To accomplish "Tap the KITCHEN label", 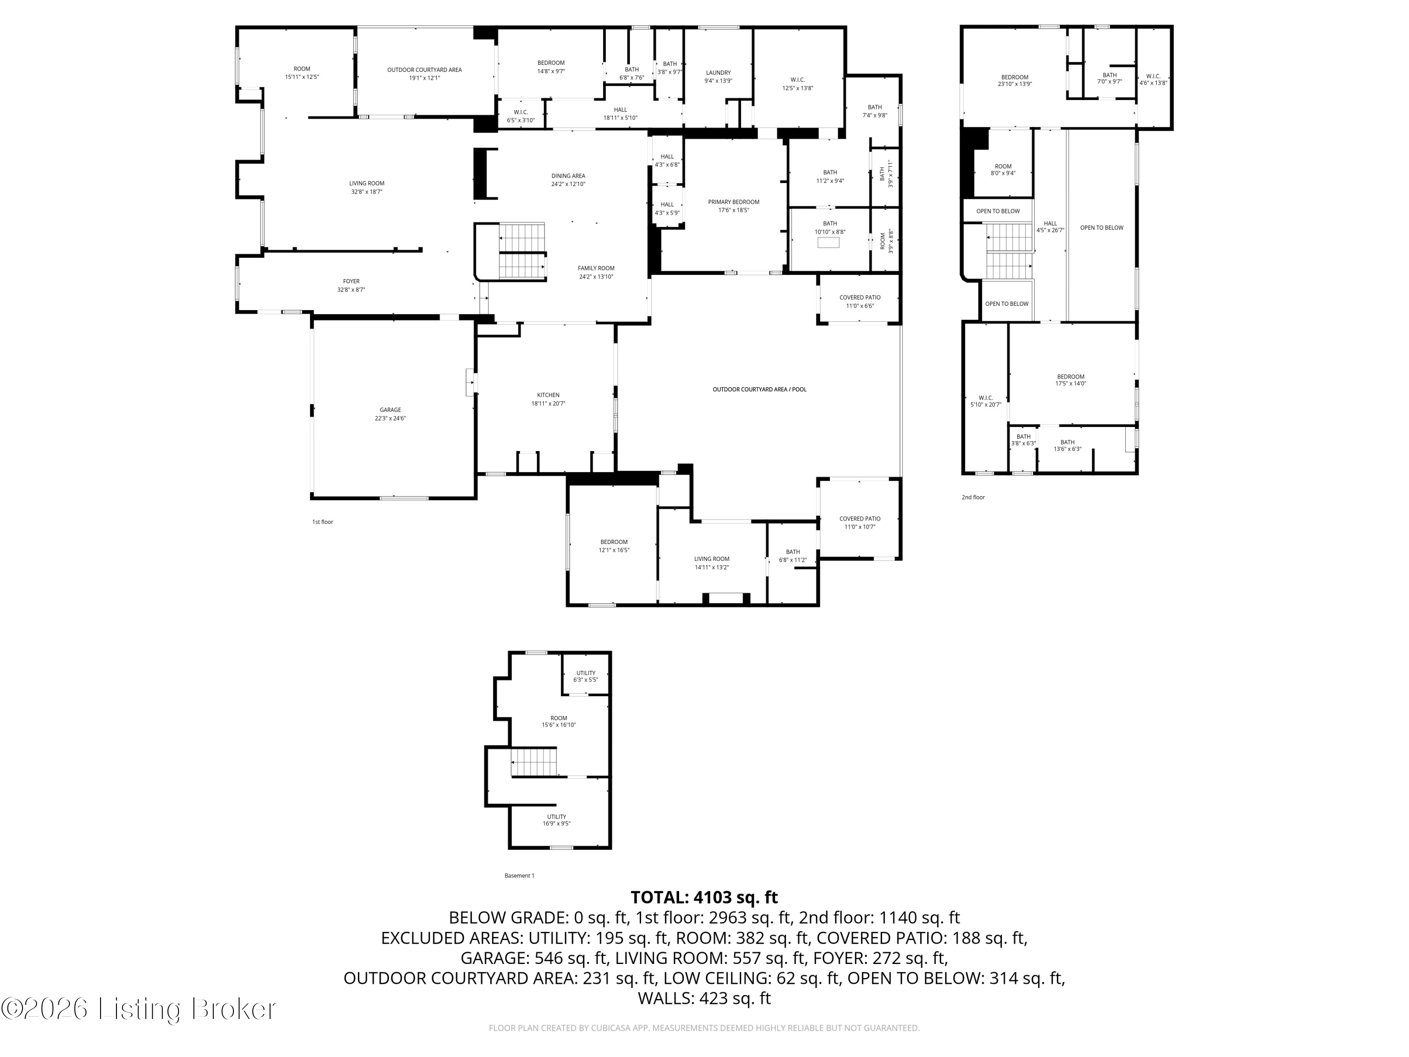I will pyautogui.click(x=548, y=399).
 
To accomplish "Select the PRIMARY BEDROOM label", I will pyautogui.click(x=733, y=206).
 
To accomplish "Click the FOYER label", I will pyautogui.click(x=351, y=285).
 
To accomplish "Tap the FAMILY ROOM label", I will pyautogui.click(x=596, y=272).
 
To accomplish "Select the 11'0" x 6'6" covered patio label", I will pyautogui.click(x=859, y=302).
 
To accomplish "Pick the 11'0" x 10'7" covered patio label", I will pyautogui.click(x=859, y=522).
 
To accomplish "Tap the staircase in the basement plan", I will pyautogui.click(x=534, y=762).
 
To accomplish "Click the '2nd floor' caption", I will pyautogui.click(x=973, y=497).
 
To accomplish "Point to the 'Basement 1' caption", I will pyautogui.click(x=519, y=875).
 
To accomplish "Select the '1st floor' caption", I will pyautogui.click(x=322, y=522).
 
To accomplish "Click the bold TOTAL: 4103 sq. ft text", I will pyautogui.click(x=704, y=897).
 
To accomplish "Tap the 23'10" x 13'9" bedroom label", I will pyautogui.click(x=1014, y=80).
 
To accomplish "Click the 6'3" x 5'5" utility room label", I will pyautogui.click(x=585, y=676).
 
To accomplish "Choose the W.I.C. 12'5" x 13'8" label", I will pyautogui.click(x=797, y=84).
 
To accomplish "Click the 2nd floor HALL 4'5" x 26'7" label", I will pyautogui.click(x=1050, y=227).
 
